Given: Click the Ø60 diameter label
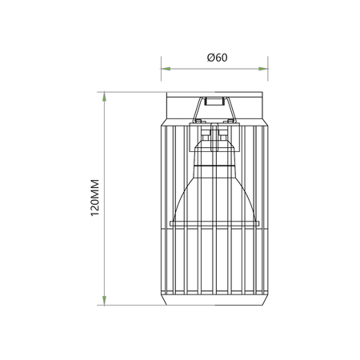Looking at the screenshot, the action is click(x=217, y=58).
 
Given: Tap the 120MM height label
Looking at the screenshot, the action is click(x=95, y=198).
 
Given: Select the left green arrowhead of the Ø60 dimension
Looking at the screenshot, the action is click(x=166, y=69).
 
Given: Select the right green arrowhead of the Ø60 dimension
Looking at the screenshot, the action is click(x=263, y=69).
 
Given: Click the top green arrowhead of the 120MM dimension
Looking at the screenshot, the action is click(x=104, y=97).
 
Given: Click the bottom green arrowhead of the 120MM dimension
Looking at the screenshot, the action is click(x=104, y=300).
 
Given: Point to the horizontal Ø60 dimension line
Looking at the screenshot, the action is click(x=214, y=69).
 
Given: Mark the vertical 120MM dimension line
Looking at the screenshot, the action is click(x=104, y=198).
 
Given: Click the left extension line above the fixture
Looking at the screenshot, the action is click(x=161, y=69).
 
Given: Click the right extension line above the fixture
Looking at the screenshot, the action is click(x=268, y=69).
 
